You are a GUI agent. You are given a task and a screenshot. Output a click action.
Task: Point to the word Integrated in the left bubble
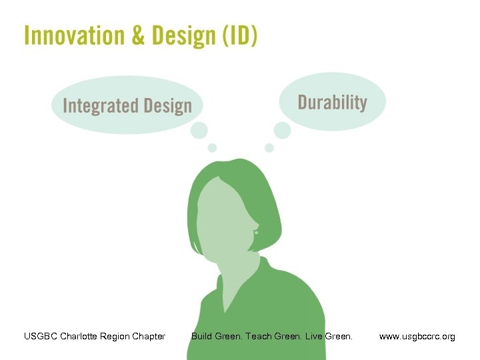click(x=100, y=106)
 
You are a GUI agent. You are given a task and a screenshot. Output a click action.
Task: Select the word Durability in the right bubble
click(x=332, y=103)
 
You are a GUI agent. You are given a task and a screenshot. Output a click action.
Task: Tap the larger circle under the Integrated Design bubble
click(x=199, y=131)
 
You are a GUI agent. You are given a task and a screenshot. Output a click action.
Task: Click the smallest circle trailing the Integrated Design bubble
click(x=212, y=147)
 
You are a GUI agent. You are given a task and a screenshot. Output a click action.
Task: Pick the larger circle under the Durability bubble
click(x=283, y=130)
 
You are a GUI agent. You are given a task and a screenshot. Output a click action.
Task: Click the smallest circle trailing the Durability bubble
click(x=269, y=147)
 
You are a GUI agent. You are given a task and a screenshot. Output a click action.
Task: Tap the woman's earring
click(x=256, y=233)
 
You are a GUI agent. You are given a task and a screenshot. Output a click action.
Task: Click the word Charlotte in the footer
click(x=80, y=336)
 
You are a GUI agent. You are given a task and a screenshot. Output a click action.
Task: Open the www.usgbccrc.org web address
click(x=417, y=336)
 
